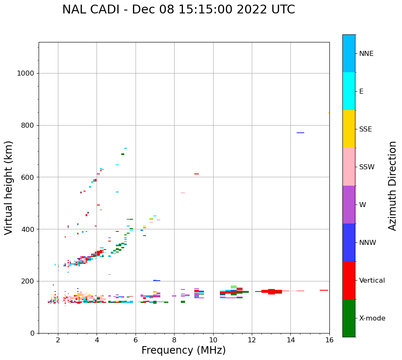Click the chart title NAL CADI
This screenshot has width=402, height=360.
(178, 10)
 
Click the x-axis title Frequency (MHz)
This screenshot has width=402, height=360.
(183, 350)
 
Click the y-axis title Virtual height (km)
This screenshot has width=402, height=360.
(9, 187)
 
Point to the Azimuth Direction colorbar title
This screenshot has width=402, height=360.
(392, 186)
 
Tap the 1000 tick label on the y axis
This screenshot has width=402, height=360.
(25, 73)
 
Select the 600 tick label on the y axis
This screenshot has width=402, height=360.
(27, 177)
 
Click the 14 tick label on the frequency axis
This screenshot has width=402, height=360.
(291, 339)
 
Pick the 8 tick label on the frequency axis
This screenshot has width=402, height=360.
(174, 339)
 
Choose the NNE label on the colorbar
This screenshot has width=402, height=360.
(366, 54)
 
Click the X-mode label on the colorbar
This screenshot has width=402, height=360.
(372, 318)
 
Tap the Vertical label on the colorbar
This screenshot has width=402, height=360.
(372, 281)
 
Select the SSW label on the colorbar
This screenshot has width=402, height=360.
(367, 167)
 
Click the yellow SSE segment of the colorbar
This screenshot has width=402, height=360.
(349, 129)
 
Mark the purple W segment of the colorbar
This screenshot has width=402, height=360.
(349, 205)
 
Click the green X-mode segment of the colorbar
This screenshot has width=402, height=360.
(349, 318)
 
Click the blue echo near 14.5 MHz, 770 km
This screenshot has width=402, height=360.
(300, 133)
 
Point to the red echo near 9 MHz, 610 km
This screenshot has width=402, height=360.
(196, 174)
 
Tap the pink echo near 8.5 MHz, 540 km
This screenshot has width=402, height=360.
(183, 193)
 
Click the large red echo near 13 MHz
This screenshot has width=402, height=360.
(271, 292)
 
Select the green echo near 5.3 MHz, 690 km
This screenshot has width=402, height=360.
(123, 154)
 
